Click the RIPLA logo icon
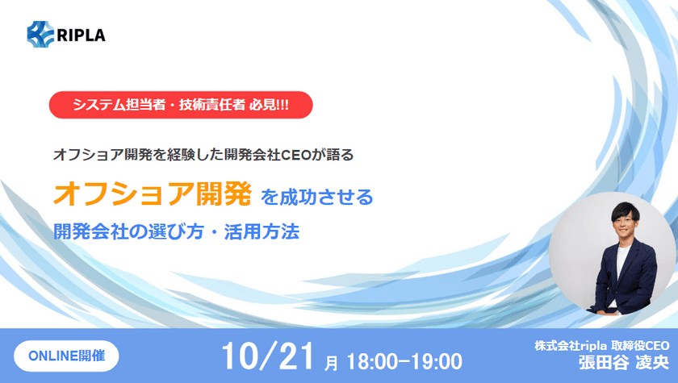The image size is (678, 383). tap(40, 34)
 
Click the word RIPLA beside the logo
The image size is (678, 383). tap(81, 35)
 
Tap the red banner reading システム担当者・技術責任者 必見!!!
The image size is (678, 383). tap(180, 106)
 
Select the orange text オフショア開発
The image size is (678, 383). tap(153, 194)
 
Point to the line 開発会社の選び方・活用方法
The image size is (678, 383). tap(176, 231)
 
